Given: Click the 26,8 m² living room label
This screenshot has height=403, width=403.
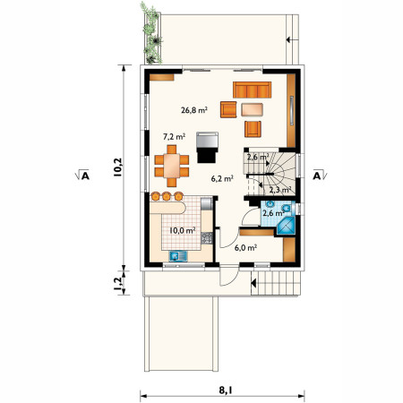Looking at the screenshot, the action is click(x=194, y=110).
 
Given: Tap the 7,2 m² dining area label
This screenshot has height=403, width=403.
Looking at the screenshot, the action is click(x=174, y=137).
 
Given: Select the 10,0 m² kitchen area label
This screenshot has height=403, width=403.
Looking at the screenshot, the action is click(x=183, y=230).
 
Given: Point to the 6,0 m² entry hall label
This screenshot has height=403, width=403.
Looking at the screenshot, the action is click(x=245, y=247).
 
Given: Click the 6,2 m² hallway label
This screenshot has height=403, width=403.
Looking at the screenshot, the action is click(x=222, y=178).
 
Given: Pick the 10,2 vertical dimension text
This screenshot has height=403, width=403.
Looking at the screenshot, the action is click(x=118, y=167).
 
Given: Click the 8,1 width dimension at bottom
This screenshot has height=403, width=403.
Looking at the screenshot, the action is click(x=226, y=390).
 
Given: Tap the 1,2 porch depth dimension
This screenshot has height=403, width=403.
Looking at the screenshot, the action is click(x=118, y=283).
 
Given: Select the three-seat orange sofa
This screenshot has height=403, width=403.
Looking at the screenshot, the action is click(x=253, y=90).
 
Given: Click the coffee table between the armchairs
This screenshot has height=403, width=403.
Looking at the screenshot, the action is click(x=253, y=109).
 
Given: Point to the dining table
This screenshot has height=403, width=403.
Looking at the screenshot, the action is click(x=172, y=166).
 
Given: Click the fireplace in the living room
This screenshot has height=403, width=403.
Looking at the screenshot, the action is click(x=207, y=147).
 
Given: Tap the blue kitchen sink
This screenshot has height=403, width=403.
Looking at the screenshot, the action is click(x=178, y=256).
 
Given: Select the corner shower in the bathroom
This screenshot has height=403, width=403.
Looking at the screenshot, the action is click(x=286, y=226).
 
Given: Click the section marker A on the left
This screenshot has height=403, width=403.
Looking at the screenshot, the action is click(x=82, y=176).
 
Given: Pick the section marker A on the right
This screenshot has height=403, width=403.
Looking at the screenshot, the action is click(x=320, y=176).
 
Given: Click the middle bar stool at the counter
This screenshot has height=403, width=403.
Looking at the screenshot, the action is click(x=167, y=196).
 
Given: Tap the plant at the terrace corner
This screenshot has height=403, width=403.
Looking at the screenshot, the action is click(x=151, y=33).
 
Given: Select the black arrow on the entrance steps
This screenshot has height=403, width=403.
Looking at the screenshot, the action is click(x=253, y=283).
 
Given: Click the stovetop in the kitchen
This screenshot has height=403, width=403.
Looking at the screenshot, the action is click(x=207, y=238).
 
